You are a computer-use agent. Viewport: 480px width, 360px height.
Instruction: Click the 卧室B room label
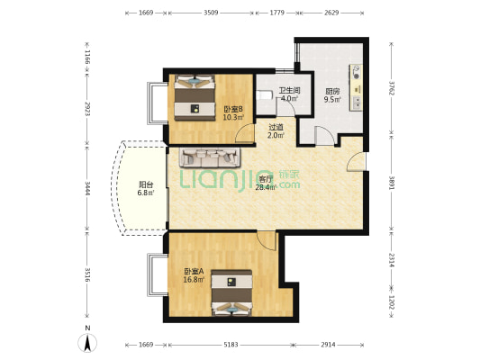pyautogui.click(x=233, y=109)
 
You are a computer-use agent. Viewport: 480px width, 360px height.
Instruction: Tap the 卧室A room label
pyautogui.click(x=194, y=271)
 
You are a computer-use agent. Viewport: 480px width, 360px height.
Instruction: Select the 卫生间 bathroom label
pyautogui.click(x=289, y=91)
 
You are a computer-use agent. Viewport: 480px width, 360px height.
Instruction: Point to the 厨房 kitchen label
pyautogui.click(x=332, y=92)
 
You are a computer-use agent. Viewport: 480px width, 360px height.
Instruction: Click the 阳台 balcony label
pyautogui.click(x=146, y=184)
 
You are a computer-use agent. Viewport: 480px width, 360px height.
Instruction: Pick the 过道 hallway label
pyautogui.click(x=276, y=127)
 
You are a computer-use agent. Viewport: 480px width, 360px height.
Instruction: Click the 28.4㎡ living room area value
pyautogui.click(x=266, y=187)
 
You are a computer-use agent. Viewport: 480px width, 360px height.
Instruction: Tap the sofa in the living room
pyautogui.click(x=210, y=157)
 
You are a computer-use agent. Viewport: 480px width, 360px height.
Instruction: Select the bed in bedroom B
pyautogui.click(x=195, y=97)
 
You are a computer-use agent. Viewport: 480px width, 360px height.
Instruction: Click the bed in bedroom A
pyautogui.click(x=232, y=292)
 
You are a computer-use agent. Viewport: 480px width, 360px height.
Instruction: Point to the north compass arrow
pyautogui.click(x=87, y=343)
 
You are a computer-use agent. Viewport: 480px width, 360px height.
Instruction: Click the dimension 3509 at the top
pyautogui.click(x=211, y=13)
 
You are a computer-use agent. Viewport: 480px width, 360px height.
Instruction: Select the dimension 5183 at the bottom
pyautogui.click(x=231, y=345)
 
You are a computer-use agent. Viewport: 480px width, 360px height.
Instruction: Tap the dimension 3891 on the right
pyautogui.click(x=391, y=183)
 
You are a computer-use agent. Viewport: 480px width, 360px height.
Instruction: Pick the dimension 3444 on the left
pyautogui.click(x=87, y=189)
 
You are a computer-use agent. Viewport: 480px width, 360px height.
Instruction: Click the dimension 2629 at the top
pyautogui.click(x=331, y=13)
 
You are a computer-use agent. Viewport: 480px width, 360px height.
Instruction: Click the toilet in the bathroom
pyautogui.click(x=264, y=95)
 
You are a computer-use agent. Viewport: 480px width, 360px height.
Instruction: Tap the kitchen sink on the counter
pyautogui.click(x=357, y=103)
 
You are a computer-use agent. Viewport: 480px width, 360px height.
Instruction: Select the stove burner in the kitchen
pyautogui.click(x=357, y=72)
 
